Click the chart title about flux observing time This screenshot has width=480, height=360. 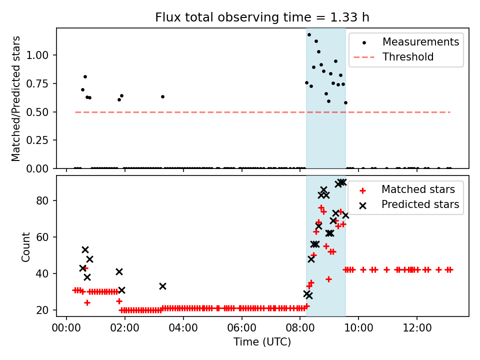click(x=262, y=17)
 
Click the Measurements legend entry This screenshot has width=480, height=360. click(x=420, y=42)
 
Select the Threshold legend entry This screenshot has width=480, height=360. click(x=408, y=57)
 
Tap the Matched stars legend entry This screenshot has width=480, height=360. click(x=418, y=189)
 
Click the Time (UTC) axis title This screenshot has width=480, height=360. click(x=262, y=342)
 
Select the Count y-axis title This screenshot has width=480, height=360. click(x=25, y=246)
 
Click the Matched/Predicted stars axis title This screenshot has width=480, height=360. click(x=16, y=98)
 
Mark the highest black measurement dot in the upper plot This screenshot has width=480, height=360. click(x=309, y=34)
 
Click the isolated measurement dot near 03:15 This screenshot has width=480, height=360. click(x=162, y=96)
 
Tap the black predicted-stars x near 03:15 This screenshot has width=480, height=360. click(x=162, y=286)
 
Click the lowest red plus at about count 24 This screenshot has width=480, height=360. click(x=87, y=302)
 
